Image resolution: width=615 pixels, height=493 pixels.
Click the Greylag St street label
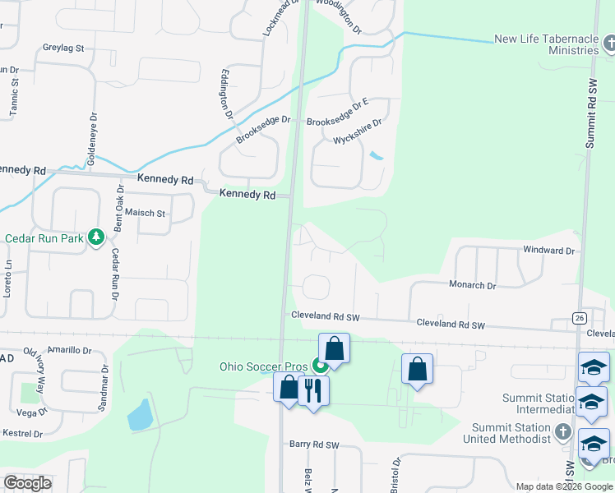click(63, 48)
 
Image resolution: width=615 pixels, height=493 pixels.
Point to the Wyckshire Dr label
click(358, 132)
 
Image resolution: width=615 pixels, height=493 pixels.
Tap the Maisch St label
click(146, 214)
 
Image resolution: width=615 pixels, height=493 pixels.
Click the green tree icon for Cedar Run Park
click(96, 237)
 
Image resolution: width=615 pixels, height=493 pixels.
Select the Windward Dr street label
click(548, 250)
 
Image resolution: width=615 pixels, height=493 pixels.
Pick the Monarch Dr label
click(472, 286)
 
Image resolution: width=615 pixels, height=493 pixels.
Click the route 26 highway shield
click(580, 318)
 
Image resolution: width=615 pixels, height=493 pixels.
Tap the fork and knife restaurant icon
click(312, 389)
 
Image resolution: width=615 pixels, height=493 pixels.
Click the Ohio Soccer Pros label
click(263, 367)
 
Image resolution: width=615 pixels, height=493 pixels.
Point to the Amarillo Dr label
click(69, 350)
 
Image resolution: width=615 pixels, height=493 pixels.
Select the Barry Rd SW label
click(314, 445)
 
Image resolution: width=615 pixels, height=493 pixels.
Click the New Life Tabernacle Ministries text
click(546, 44)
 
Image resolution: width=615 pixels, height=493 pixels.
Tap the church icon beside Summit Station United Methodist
click(562, 431)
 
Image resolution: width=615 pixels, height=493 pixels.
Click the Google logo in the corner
click(27, 483)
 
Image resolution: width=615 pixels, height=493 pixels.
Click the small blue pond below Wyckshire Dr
click(376, 155)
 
